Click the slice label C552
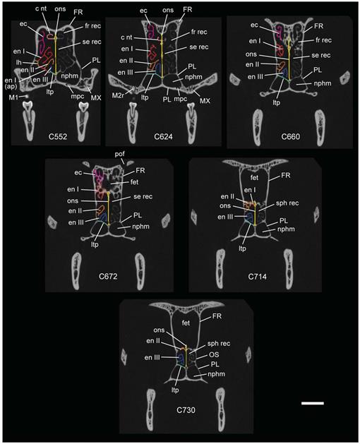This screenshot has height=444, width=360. pyautogui.click(x=57, y=137)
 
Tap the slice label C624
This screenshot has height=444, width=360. pyautogui.click(x=164, y=137)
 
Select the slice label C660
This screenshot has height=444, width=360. pyautogui.click(x=291, y=137)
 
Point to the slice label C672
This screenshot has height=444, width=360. pyautogui.click(x=108, y=277)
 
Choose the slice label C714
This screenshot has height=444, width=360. pyautogui.click(x=257, y=277)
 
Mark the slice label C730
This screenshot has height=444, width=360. pyautogui.click(x=186, y=410)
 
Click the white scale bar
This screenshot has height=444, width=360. pyautogui.click(x=313, y=403)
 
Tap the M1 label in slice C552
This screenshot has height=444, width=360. pyautogui.click(x=13, y=97)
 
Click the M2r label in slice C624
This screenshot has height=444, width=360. pyautogui.click(x=118, y=95)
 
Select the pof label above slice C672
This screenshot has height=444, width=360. pyautogui.click(x=119, y=154)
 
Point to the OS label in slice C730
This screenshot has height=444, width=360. pyautogui.click(x=214, y=355)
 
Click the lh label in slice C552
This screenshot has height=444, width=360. pyautogui.click(x=18, y=62)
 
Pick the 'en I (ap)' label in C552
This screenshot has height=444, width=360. pyautogui.click(x=11, y=84)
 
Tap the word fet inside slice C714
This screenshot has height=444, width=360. pyautogui.click(x=254, y=178)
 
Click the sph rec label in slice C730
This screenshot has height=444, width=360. pyautogui.click(x=219, y=344)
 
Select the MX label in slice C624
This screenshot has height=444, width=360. pyautogui.click(x=205, y=100)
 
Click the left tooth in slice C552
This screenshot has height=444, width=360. pyautogui.click(x=29, y=121)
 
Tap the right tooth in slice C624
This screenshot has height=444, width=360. pyautogui.click(x=192, y=122)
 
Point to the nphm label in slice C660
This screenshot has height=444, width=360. pyautogui.click(x=323, y=83)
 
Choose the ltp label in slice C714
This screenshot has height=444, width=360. pyautogui.click(x=242, y=248)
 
